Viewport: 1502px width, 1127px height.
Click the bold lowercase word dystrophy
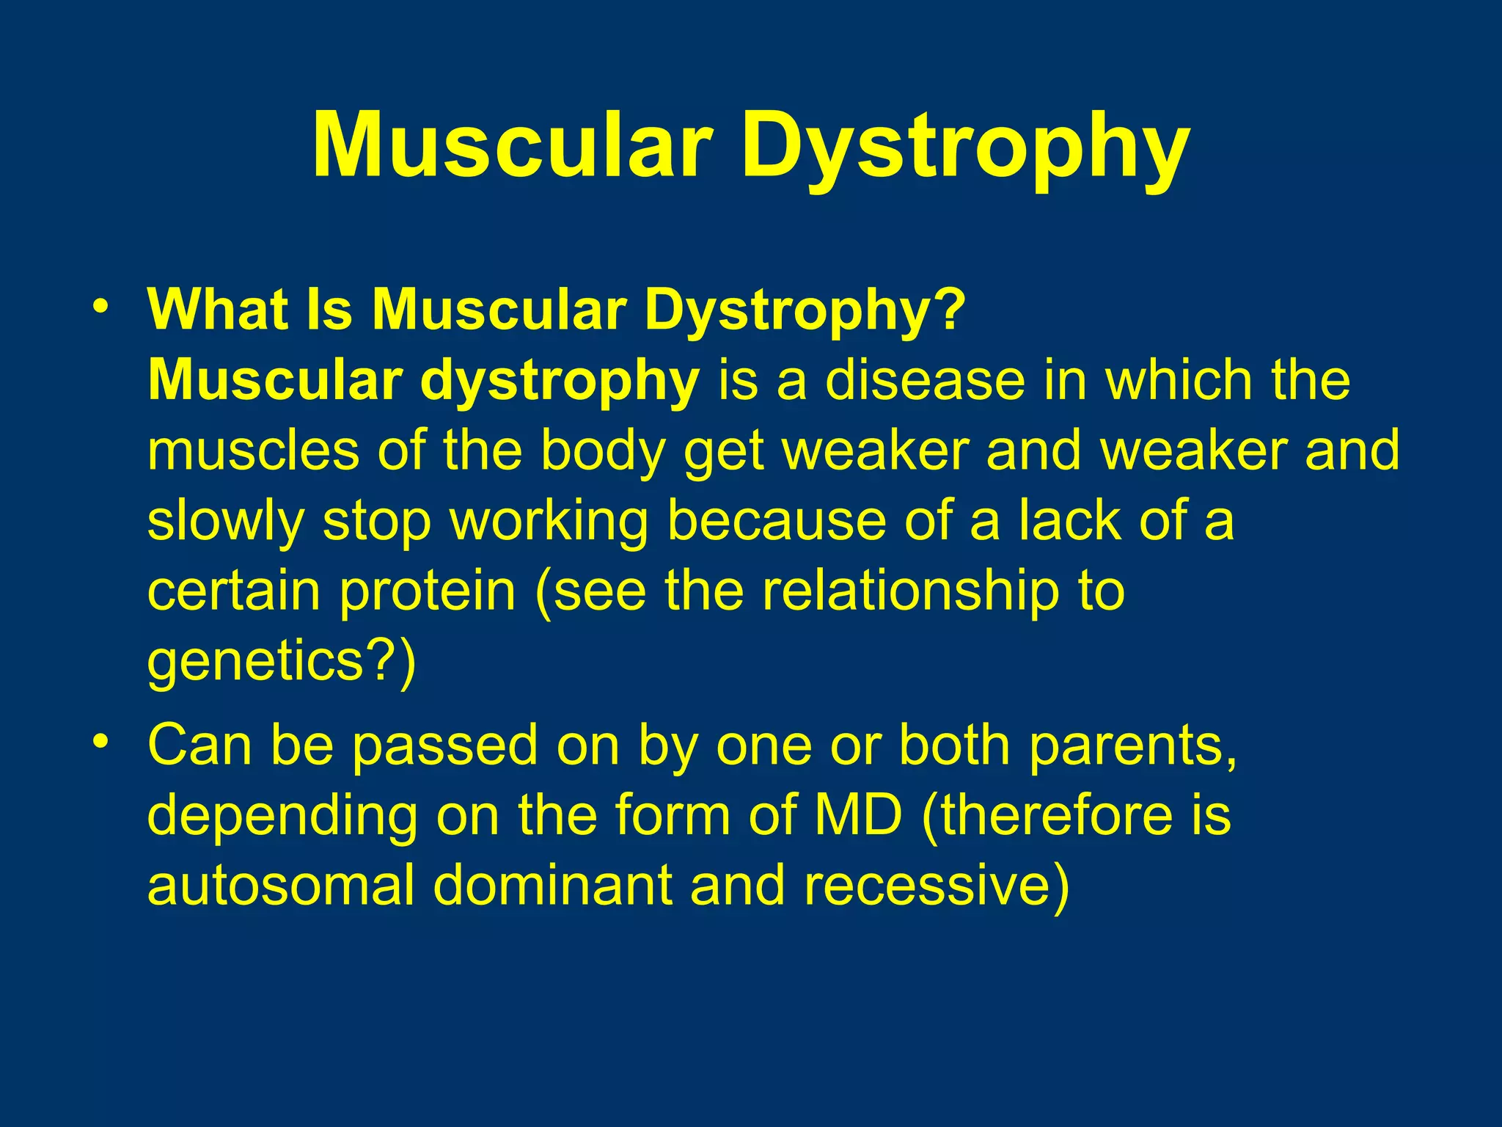[560, 382]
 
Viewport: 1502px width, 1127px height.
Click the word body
[603, 451]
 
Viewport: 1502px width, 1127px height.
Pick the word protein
[428, 591]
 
